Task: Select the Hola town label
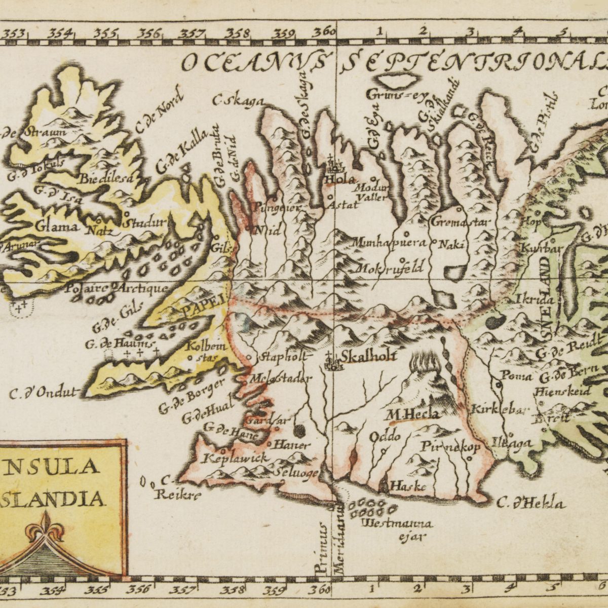tap(340, 179)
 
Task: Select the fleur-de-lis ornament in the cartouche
tap(46, 527)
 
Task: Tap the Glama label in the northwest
tap(57, 226)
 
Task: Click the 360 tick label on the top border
tap(323, 33)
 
